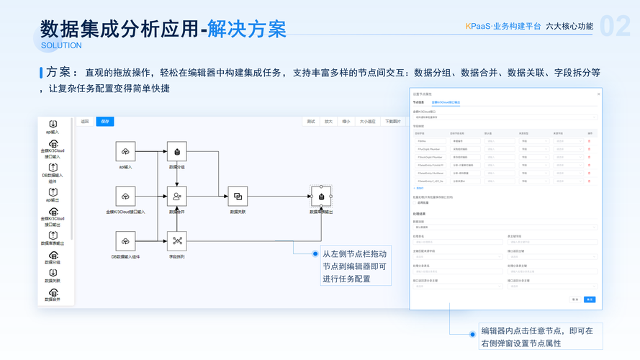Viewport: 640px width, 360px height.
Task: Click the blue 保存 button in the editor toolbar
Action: [105, 122]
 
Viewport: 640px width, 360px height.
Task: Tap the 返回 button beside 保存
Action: [85, 122]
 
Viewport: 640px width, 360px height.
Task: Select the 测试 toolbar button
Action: [311, 122]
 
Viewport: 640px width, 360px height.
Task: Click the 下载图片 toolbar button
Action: [393, 122]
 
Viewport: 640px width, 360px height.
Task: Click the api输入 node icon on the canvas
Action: [125, 151]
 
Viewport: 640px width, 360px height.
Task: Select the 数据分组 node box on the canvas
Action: [177, 151]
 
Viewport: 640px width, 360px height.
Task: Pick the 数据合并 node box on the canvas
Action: [177, 196]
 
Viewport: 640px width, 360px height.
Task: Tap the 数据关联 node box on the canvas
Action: [238, 196]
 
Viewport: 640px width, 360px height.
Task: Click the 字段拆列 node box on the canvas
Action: [177, 240]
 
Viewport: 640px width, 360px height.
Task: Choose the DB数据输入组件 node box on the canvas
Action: [125, 240]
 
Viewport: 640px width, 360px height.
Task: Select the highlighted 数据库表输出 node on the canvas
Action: [321, 196]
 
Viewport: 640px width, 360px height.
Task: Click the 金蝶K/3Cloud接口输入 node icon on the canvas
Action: [125, 196]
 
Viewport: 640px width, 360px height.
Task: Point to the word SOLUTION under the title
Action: [61, 45]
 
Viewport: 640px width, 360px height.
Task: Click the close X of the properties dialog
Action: [598, 94]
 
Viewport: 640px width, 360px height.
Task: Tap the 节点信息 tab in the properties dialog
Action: [418, 102]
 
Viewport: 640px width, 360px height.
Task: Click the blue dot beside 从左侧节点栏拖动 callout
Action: [315, 254]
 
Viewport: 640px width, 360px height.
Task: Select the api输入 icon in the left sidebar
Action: [53, 125]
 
